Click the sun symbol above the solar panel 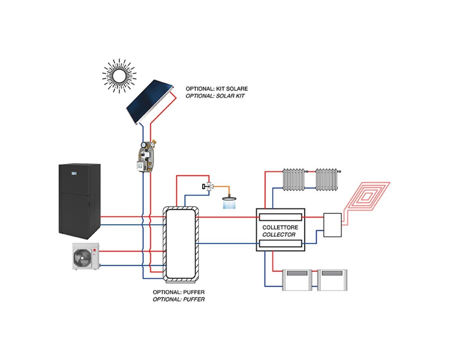(119, 76)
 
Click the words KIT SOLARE (232, 89)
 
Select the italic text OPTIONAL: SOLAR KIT (215, 96)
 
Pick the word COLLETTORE (280, 227)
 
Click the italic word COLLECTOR (279, 235)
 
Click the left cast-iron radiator (294, 179)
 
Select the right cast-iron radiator (326, 179)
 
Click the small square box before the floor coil (333, 225)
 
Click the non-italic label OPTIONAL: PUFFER (178, 292)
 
